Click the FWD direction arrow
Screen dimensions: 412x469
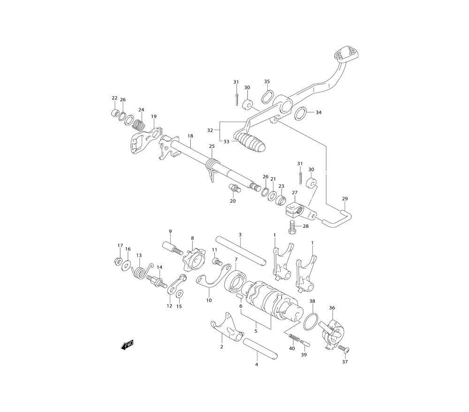tap(127, 345)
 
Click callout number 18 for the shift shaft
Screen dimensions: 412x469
tap(190, 136)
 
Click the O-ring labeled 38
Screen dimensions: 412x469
tap(310, 322)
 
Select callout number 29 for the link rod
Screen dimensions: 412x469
tap(345, 199)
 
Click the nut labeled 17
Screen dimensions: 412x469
tap(118, 261)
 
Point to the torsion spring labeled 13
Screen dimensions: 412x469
tap(141, 271)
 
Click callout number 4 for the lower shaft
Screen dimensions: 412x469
tap(257, 364)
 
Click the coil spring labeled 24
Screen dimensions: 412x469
tap(139, 125)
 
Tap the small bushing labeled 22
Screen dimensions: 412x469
tap(114, 113)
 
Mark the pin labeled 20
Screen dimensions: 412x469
tap(234, 189)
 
